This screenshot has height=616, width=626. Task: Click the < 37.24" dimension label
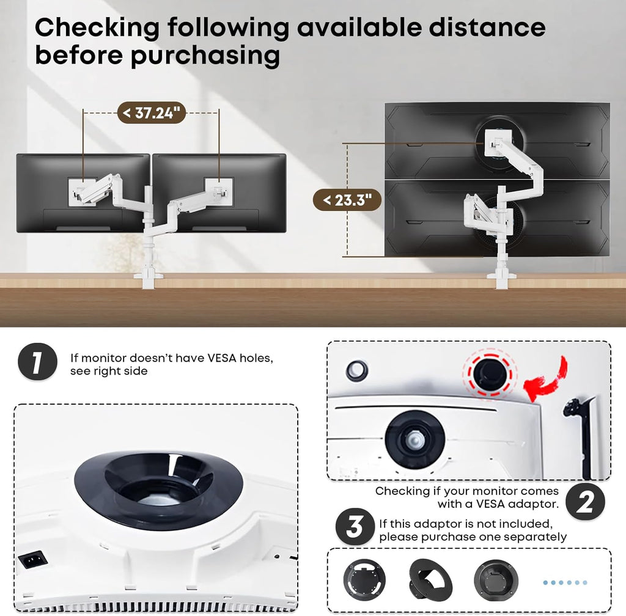click(151, 114)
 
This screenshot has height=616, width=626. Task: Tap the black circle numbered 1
click(37, 362)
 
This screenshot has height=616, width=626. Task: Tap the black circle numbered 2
click(585, 502)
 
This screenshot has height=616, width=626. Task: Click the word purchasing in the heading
click(205, 56)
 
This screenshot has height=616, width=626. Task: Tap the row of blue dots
click(565, 582)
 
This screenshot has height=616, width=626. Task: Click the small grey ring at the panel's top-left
click(356, 369)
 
